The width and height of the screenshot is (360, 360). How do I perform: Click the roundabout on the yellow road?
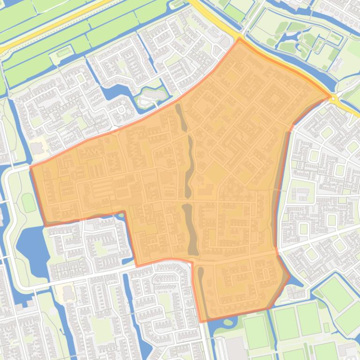click(x=334, y=99)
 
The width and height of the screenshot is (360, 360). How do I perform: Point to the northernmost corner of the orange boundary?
click(x=240, y=39)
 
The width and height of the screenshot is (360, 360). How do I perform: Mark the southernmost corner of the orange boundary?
click(x=201, y=322)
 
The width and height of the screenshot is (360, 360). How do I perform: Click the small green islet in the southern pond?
click(x=230, y=322)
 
